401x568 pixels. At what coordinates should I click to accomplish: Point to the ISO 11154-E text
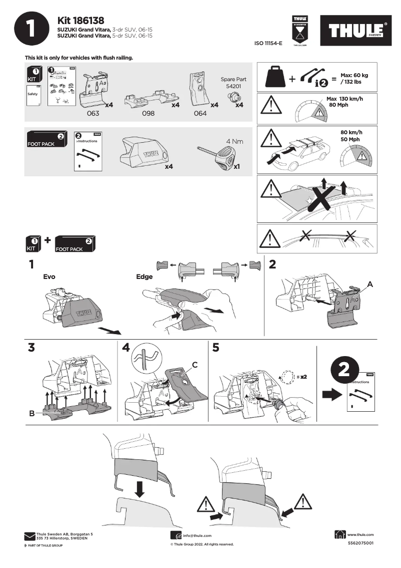pyautogui.click(x=268, y=44)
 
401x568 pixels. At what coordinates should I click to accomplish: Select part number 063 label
pyautogui.click(x=93, y=113)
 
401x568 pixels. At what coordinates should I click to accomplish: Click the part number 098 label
pyautogui.click(x=148, y=113)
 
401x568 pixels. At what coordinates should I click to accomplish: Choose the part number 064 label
pyautogui.click(x=200, y=113)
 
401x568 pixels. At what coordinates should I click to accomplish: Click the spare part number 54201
pyautogui.click(x=233, y=87)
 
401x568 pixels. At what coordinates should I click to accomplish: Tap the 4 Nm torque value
pyautogui.click(x=234, y=142)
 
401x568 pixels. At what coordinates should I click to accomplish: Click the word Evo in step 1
pyautogui.click(x=49, y=276)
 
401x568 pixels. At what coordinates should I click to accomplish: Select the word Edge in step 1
pyautogui.click(x=144, y=276)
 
